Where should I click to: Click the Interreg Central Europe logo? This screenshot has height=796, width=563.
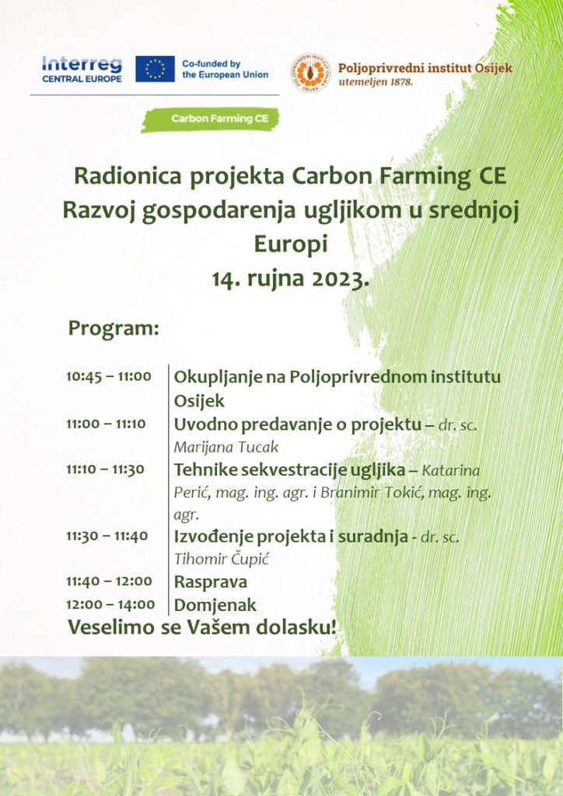click(82, 69)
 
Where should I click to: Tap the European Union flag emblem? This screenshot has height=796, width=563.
click(155, 69)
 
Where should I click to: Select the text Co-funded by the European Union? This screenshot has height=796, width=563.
click(225, 69)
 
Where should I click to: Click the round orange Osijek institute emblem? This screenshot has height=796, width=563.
click(310, 72)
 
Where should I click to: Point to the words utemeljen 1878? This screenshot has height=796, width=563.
click(376, 81)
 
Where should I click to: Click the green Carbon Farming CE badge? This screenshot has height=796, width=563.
click(210, 120)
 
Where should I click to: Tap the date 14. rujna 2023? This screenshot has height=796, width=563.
click(290, 278)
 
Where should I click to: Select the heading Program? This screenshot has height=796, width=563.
click(114, 329)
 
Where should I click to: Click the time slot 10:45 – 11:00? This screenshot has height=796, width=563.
click(109, 376)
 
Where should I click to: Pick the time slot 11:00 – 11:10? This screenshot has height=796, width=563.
click(106, 424)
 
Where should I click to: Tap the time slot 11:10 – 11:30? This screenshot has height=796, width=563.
click(105, 469)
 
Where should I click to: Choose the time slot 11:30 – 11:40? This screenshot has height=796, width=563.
click(107, 536)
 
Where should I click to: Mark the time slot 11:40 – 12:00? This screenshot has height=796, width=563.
click(109, 581)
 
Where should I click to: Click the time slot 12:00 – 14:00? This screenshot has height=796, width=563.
click(110, 604)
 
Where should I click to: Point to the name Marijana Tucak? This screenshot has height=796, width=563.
click(226, 447)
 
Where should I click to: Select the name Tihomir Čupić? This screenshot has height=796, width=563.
click(222, 559)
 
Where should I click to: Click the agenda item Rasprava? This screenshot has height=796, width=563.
click(210, 581)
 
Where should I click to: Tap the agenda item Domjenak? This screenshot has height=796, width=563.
click(215, 605)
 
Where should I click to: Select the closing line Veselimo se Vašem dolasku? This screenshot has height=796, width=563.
click(202, 627)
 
